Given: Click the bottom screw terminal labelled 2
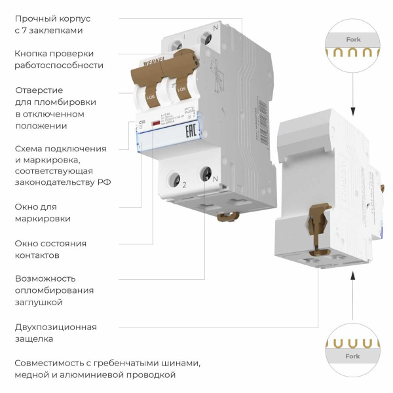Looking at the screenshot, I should [176, 176].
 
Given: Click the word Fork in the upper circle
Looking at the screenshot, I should [353, 40].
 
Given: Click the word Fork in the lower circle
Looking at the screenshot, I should [352, 356].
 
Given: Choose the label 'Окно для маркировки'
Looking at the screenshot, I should [43, 212].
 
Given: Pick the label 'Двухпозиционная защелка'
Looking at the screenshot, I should [55, 333].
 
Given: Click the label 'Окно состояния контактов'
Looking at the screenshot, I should [50, 249].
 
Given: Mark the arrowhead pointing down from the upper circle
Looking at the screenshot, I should [353, 111].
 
